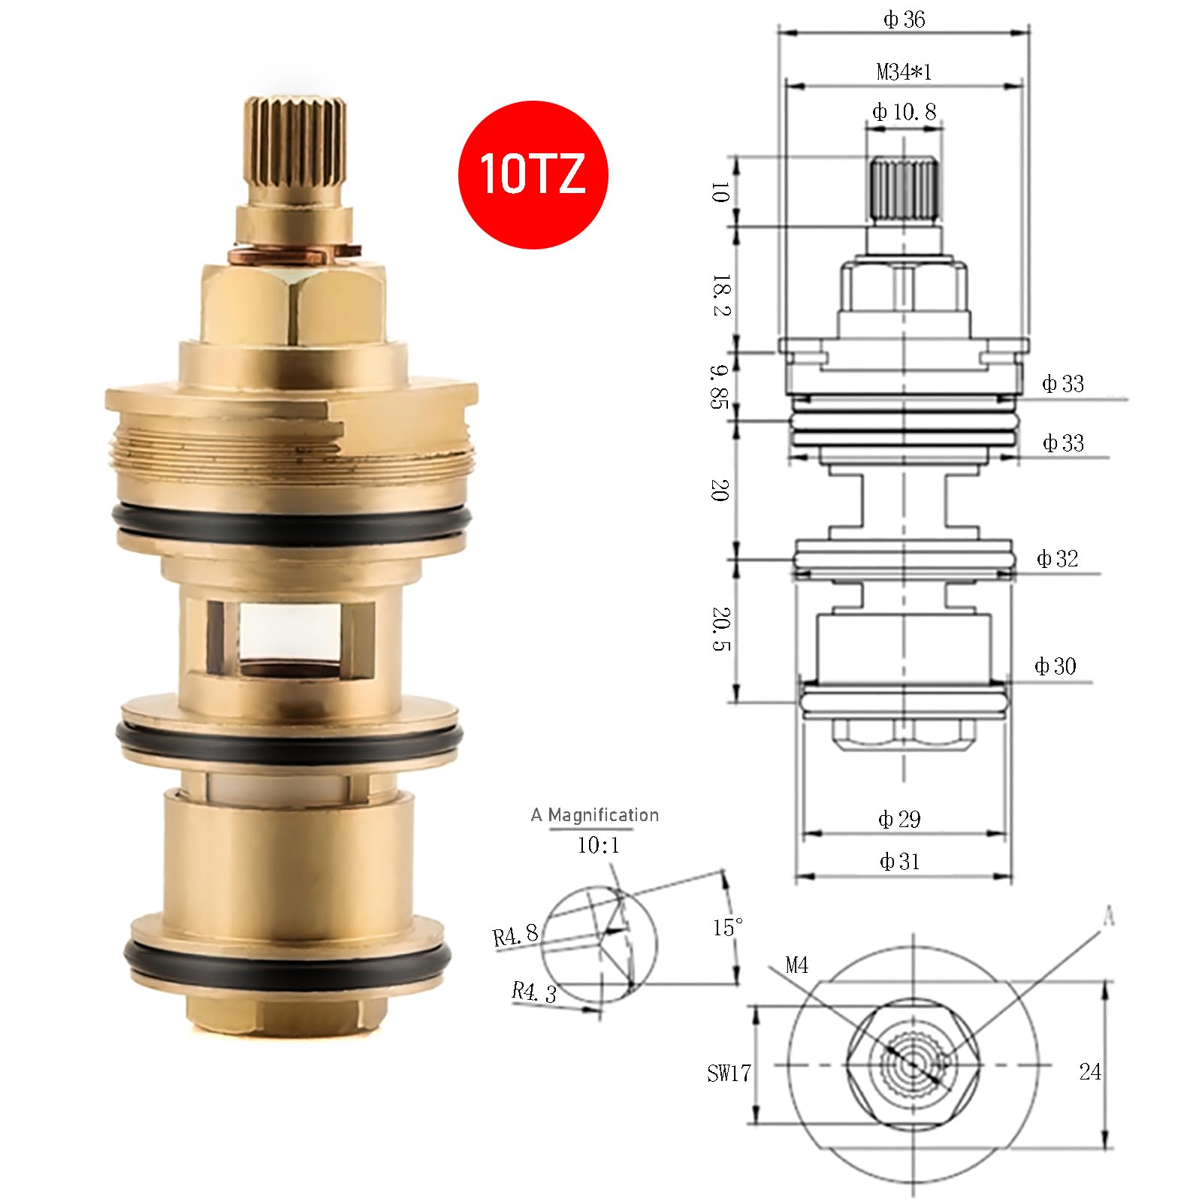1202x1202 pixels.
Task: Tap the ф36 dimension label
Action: pyautogui.click(x=904, y=20)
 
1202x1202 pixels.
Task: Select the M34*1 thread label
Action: pyautogui.click(x=904, y=72)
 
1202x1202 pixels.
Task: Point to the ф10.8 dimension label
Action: pyautogui.click(x=904, y=112)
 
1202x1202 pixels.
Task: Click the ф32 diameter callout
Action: pyautogui.click(x=1057, y=558)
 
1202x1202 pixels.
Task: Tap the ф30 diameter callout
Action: pyautogui.click(x=1056, y=666)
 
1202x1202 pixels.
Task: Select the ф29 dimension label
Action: pyautogui.click(x=899, y=819)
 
